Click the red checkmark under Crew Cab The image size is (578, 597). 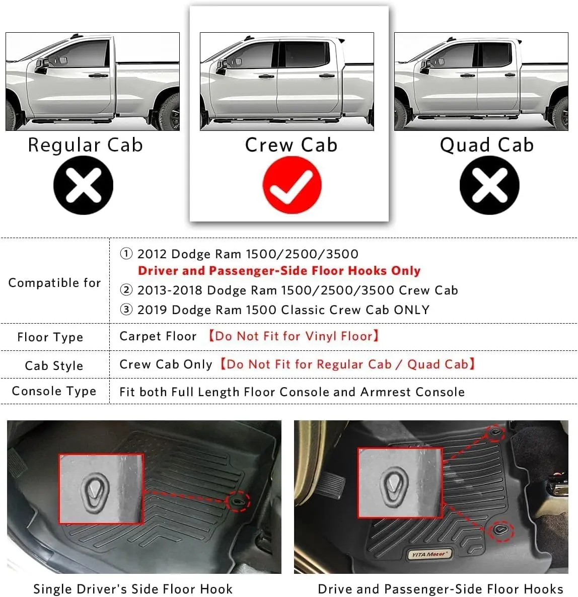click(292, 185)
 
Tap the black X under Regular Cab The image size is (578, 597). click(84, 185)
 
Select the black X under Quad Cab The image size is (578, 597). click(489, 185)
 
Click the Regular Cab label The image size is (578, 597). click(85, 145)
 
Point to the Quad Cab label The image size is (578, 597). click(486, 145)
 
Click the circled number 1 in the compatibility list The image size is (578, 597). click(126, 254)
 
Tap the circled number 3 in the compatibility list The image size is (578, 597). click(126, 309)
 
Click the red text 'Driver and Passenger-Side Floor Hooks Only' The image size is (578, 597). click(279, 271)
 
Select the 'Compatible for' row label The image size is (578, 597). click(54, 283)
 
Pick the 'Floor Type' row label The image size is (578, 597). click(50, 337)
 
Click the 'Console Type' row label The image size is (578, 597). click(54, 391)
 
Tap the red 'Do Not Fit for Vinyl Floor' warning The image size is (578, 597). click(294, 336)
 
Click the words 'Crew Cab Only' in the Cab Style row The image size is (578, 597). click(166, 364)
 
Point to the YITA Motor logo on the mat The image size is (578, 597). click(429, 554)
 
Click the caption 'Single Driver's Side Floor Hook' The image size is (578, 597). click(133, 588)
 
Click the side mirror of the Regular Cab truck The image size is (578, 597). click(42, 65)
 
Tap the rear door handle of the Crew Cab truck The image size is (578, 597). click(327, 76)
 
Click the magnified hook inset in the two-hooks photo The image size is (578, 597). click(400, 483)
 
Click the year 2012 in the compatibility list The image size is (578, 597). click(152, 254)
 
